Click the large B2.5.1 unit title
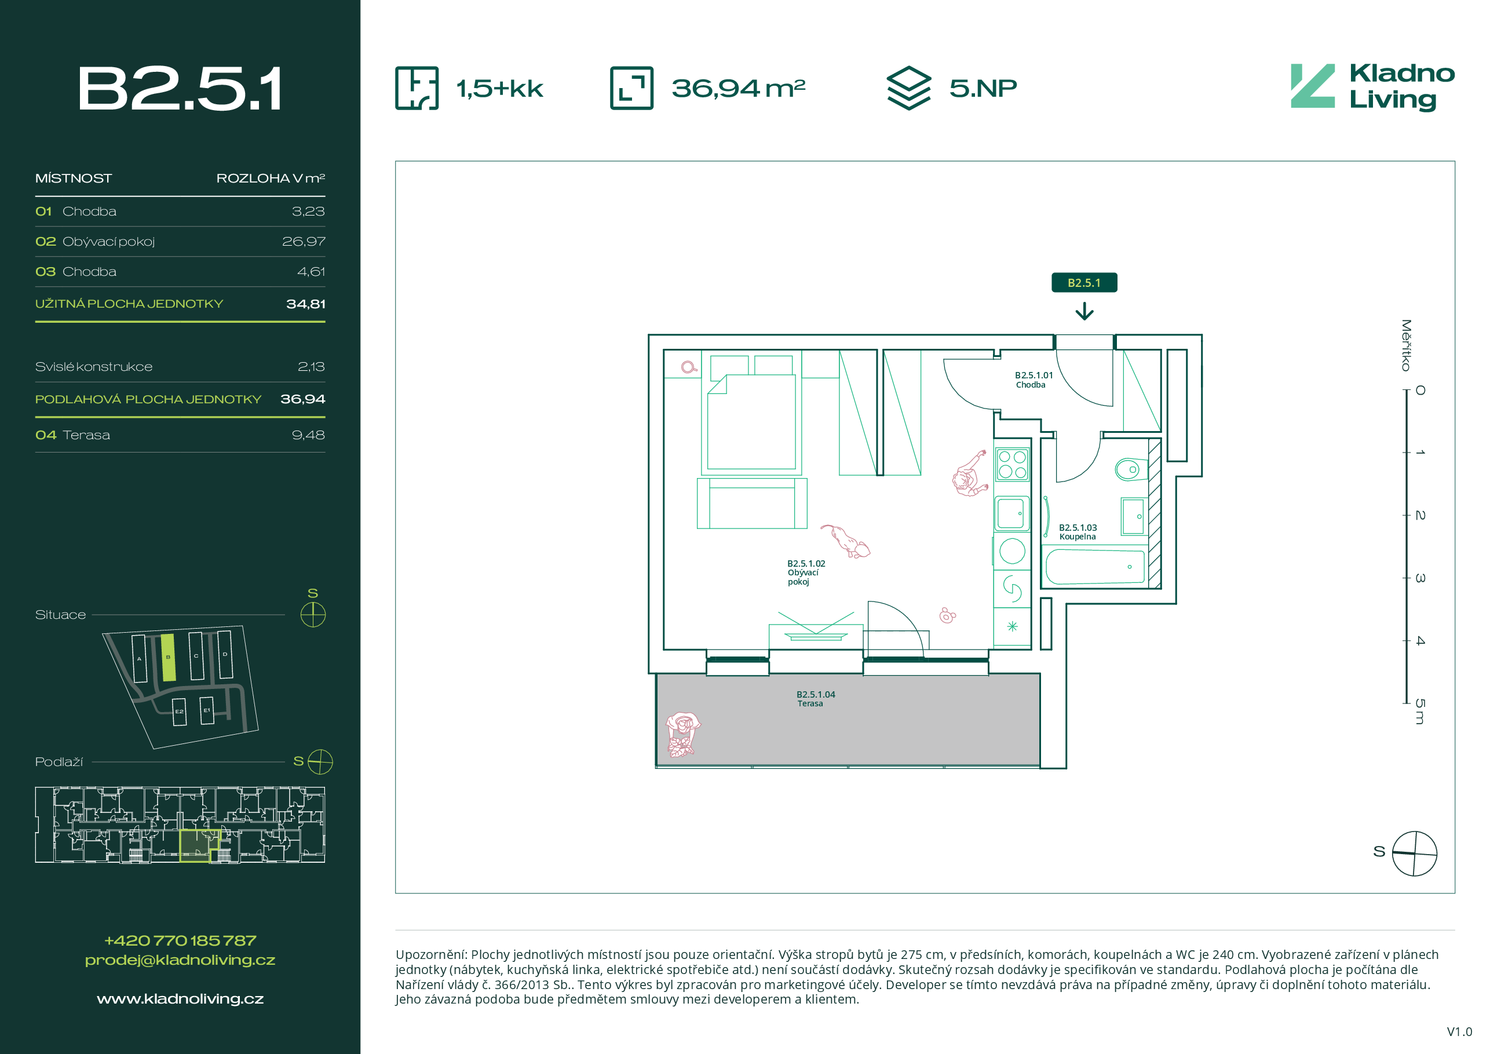[180, 88]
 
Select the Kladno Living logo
[1372, 87]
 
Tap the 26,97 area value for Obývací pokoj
[303, 242]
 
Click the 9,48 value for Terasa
[308, 435]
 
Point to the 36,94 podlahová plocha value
[302, 399]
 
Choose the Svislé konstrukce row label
[93, 367]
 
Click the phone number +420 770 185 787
[180, 940]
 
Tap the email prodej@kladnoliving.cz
[180, 960]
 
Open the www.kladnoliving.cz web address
[180, 999]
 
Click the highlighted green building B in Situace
[168, 658]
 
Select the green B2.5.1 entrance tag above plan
[1084, 282]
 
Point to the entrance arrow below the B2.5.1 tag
[1084, 312]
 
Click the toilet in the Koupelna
[1132, 469]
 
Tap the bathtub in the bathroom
[1095, 567]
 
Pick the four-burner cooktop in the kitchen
[1013, 464]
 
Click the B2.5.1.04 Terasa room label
[815, 699]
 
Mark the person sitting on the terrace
[682, 735]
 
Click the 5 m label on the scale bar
[1420, 712]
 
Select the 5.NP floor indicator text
[983, 88]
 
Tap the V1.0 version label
[1459, 1032]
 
